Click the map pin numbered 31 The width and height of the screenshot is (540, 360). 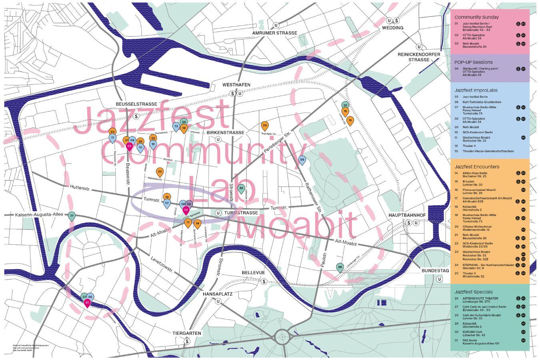point(72,216)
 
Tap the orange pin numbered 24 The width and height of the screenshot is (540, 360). point(264,126)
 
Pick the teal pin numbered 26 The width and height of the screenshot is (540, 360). point(340,267)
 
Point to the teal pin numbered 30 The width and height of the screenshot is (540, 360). point(241,188)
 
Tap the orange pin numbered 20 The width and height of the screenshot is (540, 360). point(160,172)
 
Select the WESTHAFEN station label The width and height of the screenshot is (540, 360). point(236,85)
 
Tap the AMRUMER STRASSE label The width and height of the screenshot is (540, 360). point(275,33)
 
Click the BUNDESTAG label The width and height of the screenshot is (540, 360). point(435,271)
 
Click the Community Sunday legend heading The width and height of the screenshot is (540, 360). point(476,17)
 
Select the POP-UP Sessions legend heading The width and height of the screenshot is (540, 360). point(473,62)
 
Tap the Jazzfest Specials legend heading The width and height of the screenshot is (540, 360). point(473,292)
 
